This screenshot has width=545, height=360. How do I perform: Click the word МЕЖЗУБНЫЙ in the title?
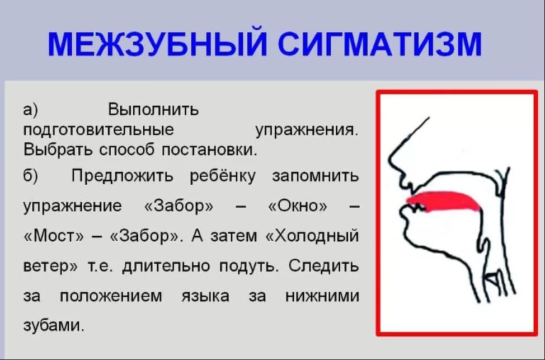158,44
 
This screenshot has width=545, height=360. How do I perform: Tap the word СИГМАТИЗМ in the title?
380,44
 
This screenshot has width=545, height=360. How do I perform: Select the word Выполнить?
153,110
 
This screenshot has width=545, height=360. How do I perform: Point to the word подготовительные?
98,130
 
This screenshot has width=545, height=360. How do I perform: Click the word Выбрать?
58,150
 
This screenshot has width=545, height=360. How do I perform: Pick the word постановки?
209,150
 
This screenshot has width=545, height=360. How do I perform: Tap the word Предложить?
123,176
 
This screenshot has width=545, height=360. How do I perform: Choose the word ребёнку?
223,176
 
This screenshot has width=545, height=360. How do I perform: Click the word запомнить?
315,176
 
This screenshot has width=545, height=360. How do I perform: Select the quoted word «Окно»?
298,205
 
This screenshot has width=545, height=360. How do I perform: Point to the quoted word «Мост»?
54,236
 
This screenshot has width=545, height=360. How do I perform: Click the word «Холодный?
312,236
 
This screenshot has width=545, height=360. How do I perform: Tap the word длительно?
166,266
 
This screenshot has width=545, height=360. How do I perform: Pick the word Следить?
323,266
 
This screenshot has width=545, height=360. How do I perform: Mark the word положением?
111,297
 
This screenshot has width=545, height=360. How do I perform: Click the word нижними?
322,297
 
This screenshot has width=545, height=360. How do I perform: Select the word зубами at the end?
54,325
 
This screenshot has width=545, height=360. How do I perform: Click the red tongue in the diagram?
444,202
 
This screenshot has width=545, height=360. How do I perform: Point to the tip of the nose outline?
389,160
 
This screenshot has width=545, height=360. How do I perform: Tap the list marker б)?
31,176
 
